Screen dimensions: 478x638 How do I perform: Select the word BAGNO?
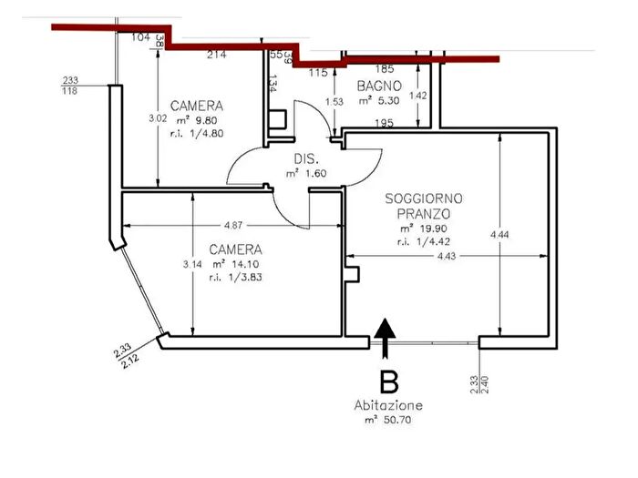click(375, 86)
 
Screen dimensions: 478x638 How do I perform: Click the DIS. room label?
click(304, 157)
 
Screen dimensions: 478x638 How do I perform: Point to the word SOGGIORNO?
click(424, 198)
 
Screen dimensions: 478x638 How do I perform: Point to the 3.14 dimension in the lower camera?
click(191, 264)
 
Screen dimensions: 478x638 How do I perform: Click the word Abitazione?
click(388, 405)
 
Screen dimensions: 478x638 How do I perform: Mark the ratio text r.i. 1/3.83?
click(235, 278)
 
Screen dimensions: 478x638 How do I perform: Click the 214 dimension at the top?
click(216, 55)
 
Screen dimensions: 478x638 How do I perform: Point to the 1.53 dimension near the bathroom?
click(334, 102)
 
